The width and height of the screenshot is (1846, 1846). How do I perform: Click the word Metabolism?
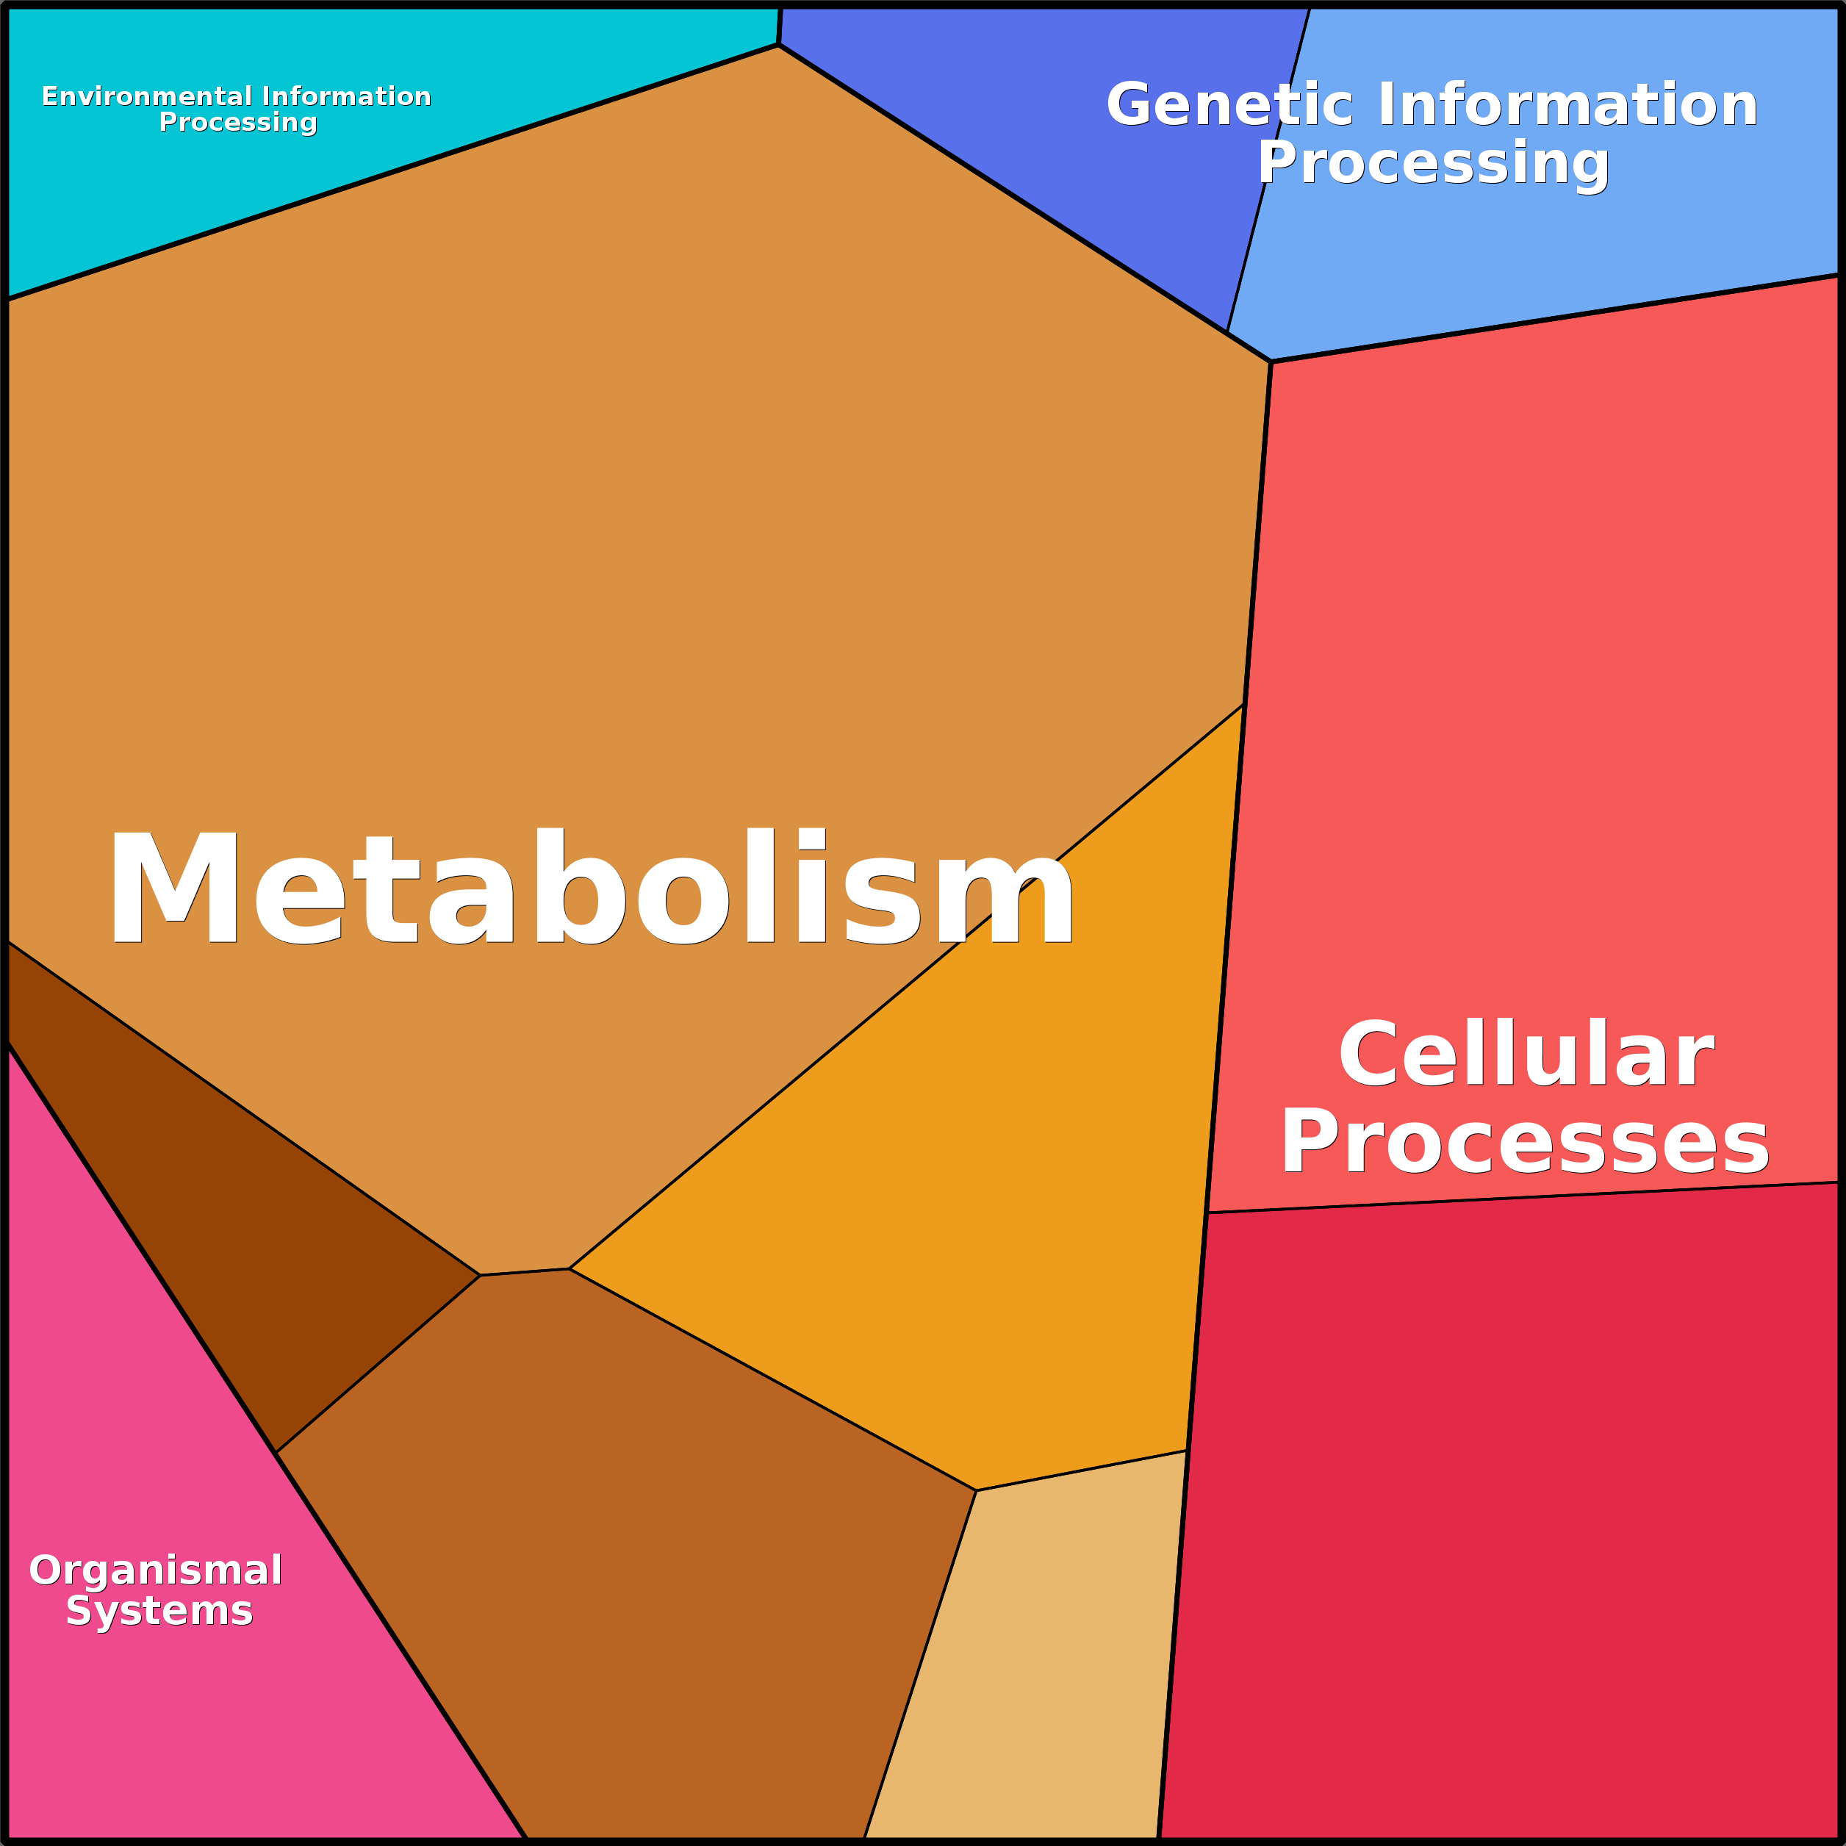click(x=591, y=888)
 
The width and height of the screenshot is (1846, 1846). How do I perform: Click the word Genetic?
click(x=1229, y=104)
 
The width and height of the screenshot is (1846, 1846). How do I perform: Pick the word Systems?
click(x=159, y=1611)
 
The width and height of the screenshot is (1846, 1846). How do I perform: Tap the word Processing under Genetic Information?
click(x=1433, y=162)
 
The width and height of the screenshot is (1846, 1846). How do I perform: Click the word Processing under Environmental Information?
click(x=238, y=122)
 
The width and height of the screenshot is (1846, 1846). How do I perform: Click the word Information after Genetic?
click(x=1567, y=104)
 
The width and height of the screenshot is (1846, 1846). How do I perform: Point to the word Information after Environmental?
click(x=346, y=96)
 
